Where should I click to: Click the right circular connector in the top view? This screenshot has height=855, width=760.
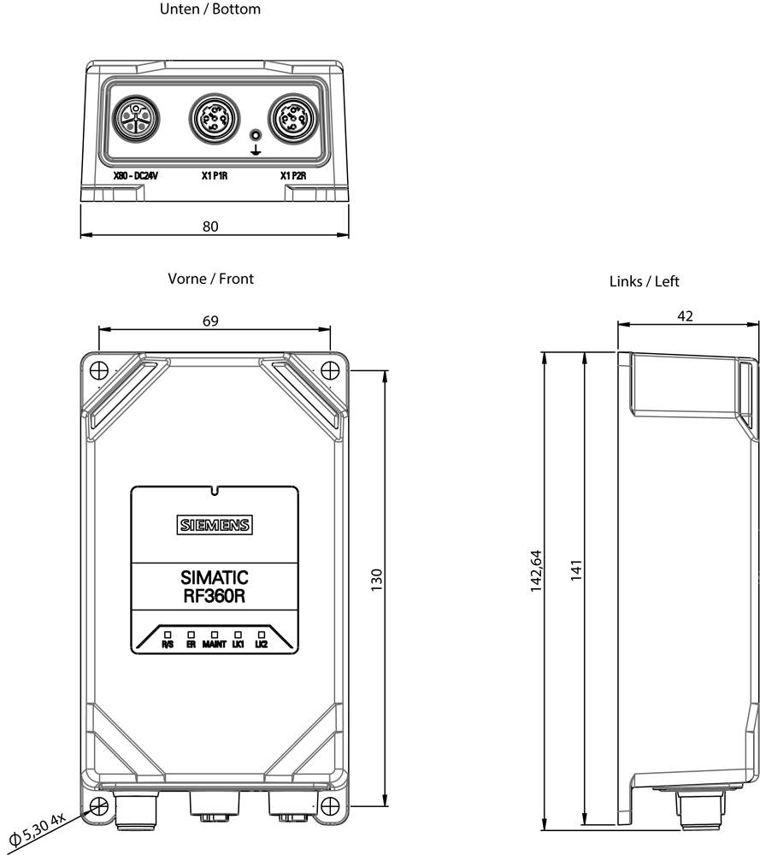point(292,118)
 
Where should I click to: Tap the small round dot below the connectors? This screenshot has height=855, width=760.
point(254,135)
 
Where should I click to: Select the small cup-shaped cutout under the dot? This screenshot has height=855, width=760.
point(254,150)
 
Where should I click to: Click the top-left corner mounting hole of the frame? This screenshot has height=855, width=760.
point(101,371)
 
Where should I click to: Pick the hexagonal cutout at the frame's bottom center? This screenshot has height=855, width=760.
point(254,801)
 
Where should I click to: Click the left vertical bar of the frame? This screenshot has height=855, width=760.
point(97,581)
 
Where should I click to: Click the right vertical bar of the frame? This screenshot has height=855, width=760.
point(331,581)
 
